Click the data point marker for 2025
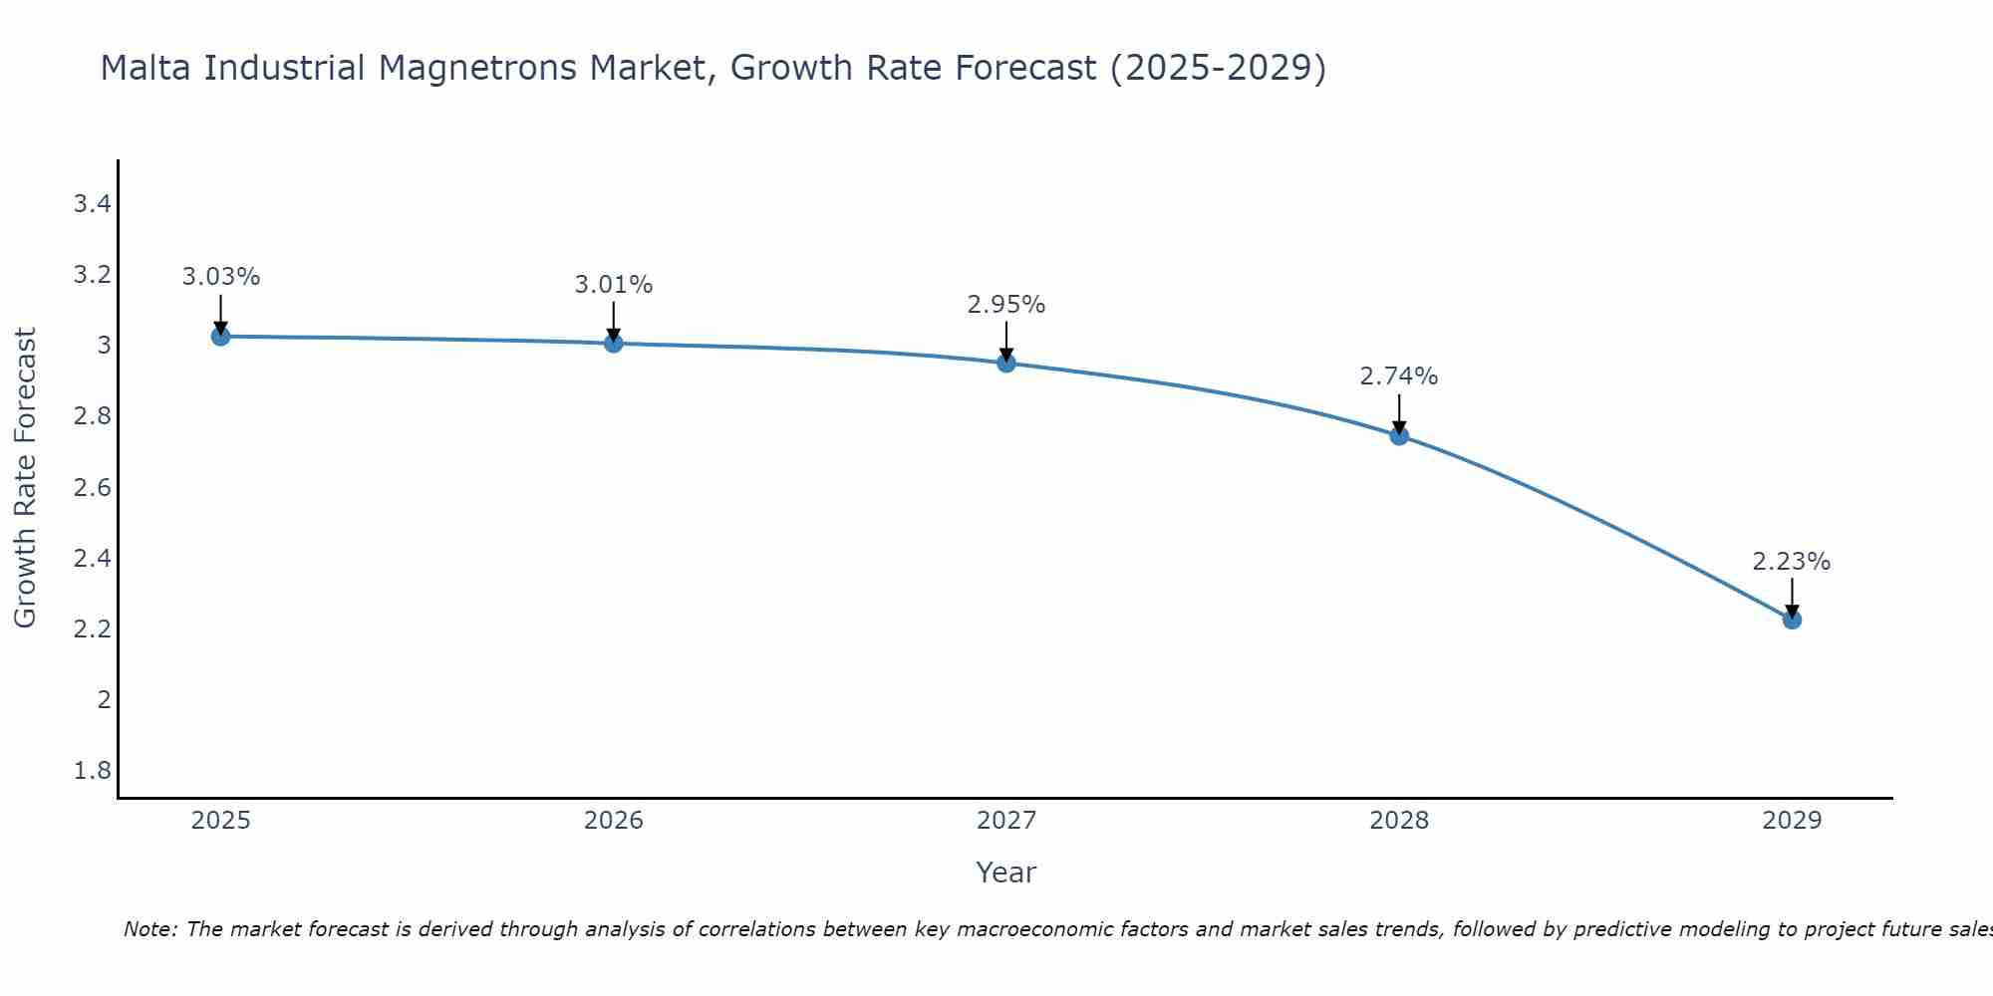220,337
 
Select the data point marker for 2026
614,344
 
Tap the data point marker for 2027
1006,364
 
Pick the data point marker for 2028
1399,436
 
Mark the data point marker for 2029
1792,620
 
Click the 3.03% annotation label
220,277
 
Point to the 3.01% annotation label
614,285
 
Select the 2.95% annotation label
1006,305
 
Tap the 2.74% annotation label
1399,376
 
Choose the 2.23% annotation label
1792,562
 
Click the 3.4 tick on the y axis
92,204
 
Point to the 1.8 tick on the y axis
92,771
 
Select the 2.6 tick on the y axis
92,488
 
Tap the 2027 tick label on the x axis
1006,821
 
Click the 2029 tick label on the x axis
1792,821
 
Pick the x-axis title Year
1006,872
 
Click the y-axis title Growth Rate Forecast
25,478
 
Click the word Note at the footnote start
149,929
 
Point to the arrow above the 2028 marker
1399,413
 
